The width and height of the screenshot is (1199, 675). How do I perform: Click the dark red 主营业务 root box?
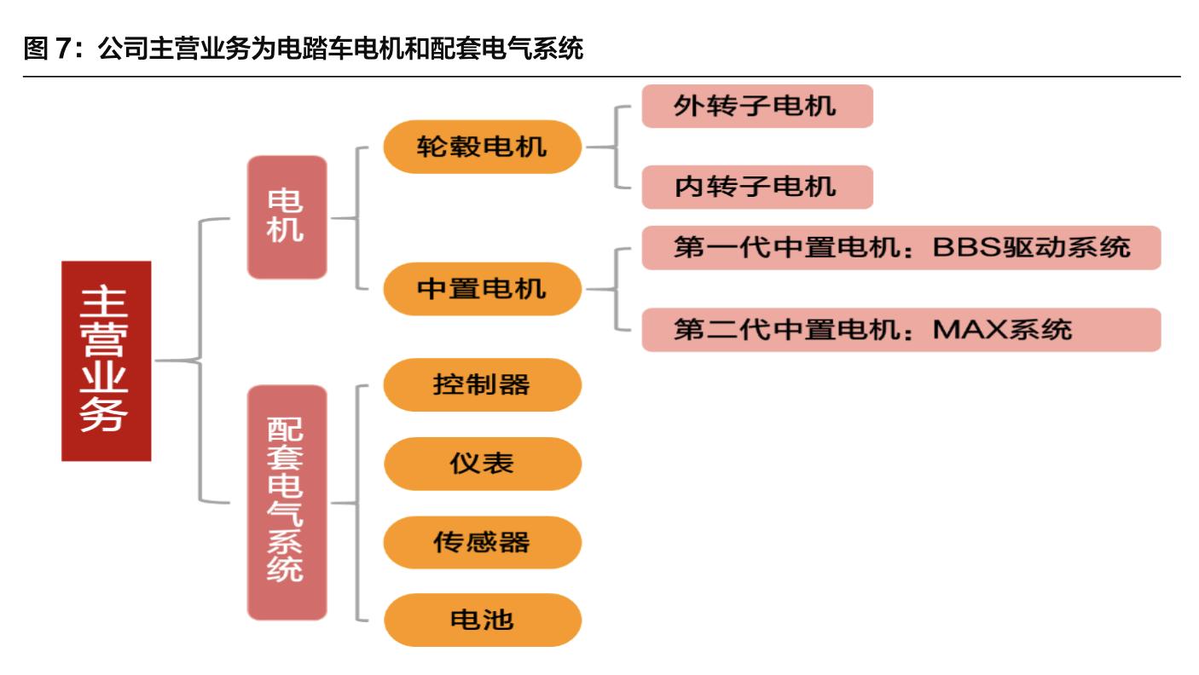[106, 361]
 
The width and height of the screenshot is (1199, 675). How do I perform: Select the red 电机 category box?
[287, 217]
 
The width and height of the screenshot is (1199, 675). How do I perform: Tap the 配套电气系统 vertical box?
[287, 502]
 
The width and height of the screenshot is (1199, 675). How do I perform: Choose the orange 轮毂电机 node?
[482, 147]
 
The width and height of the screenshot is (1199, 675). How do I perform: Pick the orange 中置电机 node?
[482, 289]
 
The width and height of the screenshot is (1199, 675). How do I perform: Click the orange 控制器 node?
[482, 384]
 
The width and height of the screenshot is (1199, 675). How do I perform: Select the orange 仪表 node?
[482, 464]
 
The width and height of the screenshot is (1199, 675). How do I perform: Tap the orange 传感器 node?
[482, 542]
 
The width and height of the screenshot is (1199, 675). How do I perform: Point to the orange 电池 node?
[482, 620]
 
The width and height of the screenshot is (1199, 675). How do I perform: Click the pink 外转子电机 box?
[756, 106]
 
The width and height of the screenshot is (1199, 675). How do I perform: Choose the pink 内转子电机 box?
[756, 187]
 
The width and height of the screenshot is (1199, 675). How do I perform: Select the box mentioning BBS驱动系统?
[901, 247]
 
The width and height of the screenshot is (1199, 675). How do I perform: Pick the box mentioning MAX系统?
[901, 329]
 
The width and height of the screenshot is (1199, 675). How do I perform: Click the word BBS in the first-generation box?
[963, 247]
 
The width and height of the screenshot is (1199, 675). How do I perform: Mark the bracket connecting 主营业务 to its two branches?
[200, 361]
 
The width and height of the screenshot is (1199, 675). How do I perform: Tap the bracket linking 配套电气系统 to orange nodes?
[357, 502]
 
